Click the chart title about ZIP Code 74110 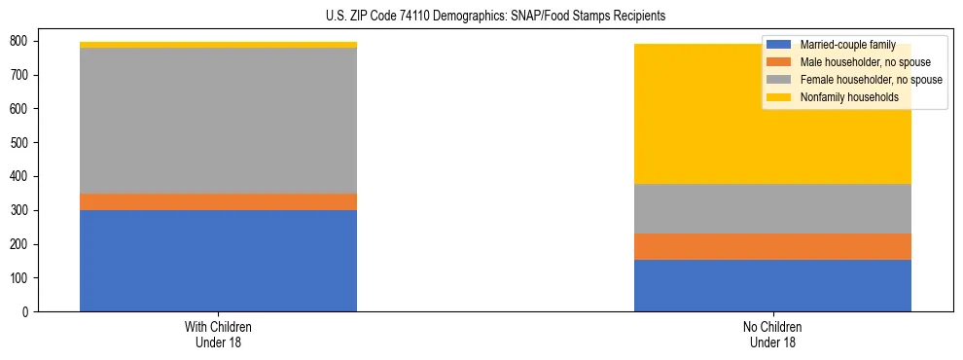[x=481, y=17]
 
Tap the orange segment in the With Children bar [x=218, y=201]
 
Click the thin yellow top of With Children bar [x=218, y=45]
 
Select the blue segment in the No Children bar [x=772, y=285]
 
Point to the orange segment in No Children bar [x=772, y=246]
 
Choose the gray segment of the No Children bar [x=772, y=208]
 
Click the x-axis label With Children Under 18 [x=218, y=334]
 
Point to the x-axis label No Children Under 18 [x=772, y=334]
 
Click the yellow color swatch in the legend [x=779, y=97]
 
